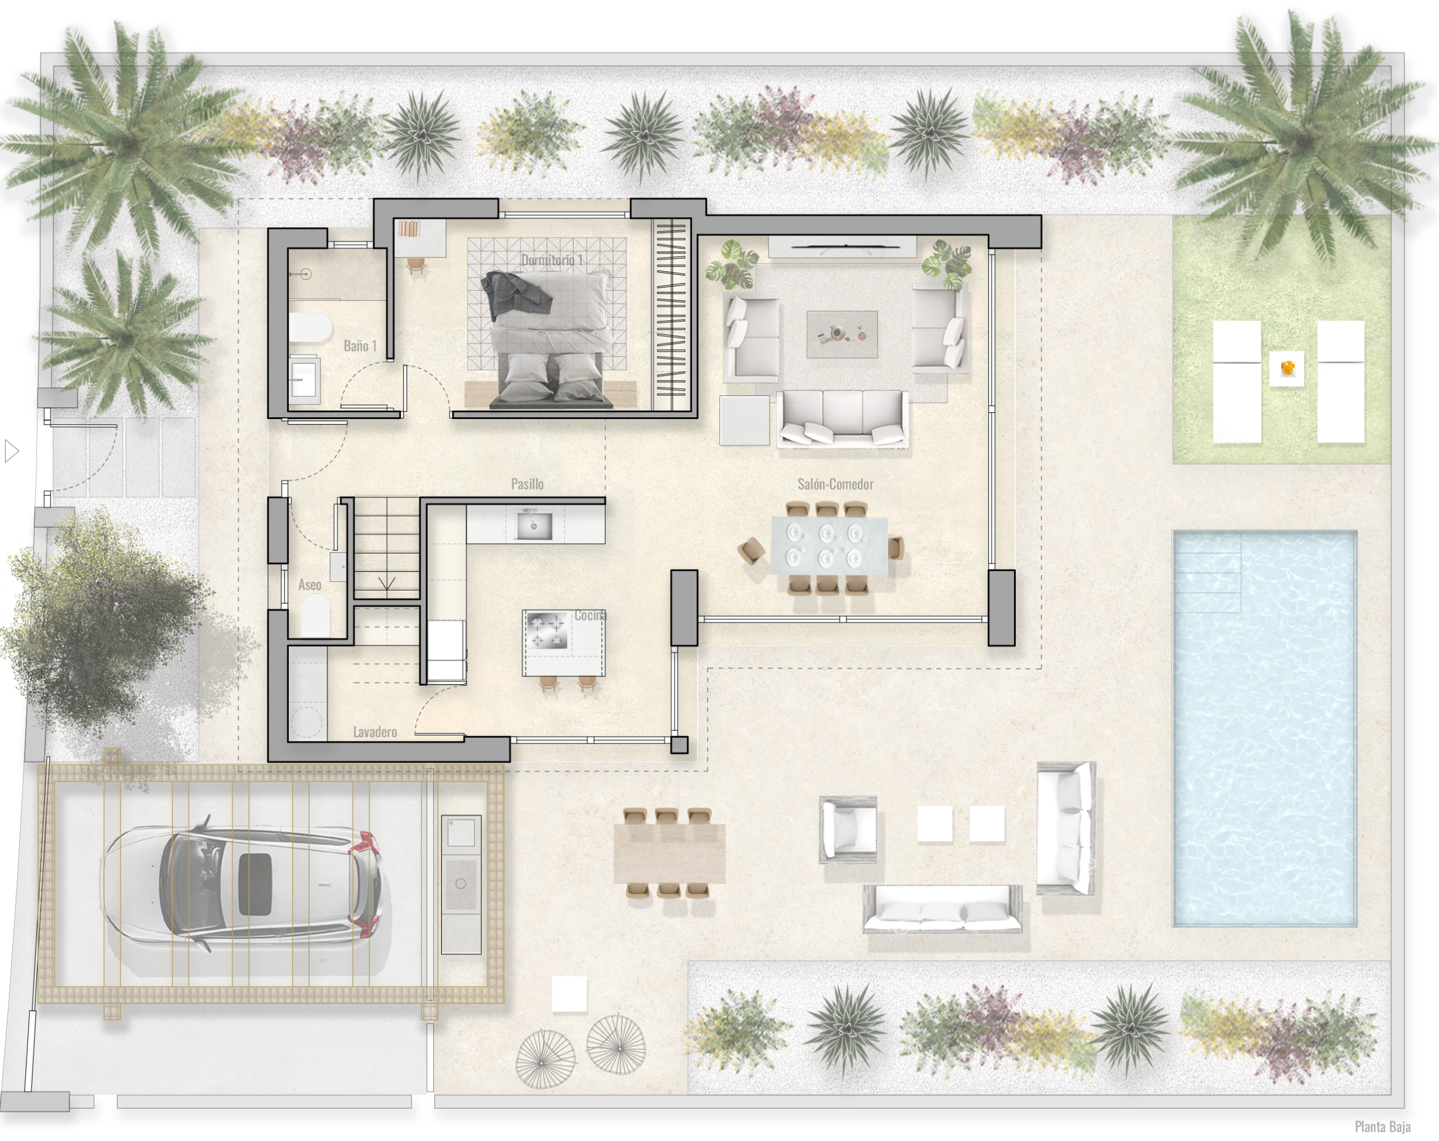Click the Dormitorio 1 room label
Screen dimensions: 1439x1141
pos(552,260)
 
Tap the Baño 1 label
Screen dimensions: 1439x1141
pos(360,346)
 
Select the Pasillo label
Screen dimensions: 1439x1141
pos(527,484)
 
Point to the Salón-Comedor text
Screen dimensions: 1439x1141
pos(835,484)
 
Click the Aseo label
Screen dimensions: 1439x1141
pos(310,585)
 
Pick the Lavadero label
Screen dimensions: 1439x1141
pos(374,732)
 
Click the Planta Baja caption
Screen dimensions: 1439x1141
pos(1382,1127)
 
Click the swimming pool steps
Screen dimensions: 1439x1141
pos(1207,572)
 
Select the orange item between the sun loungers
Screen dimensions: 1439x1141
pos(1287,368)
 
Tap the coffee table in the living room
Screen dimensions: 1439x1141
pos(841,334)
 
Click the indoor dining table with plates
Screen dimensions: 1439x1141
pos(829,545)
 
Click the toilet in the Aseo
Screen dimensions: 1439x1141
pos(316,615)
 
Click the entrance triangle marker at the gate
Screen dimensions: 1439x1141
pos(11,452)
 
